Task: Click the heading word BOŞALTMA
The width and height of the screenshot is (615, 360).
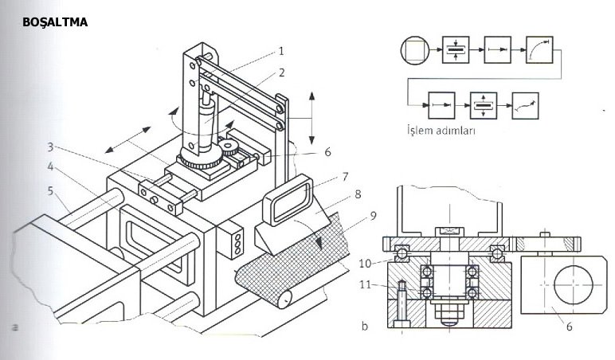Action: pos(55,23)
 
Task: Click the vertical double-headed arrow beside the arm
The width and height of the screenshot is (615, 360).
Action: pos(311,116)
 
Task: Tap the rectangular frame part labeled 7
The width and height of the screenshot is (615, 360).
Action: pos(287,199)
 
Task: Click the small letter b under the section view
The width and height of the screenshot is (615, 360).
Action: pos(363,326)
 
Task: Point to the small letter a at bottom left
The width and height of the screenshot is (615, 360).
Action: pos(14,326)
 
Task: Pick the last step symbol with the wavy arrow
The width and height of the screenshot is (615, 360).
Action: pos(523,103)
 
